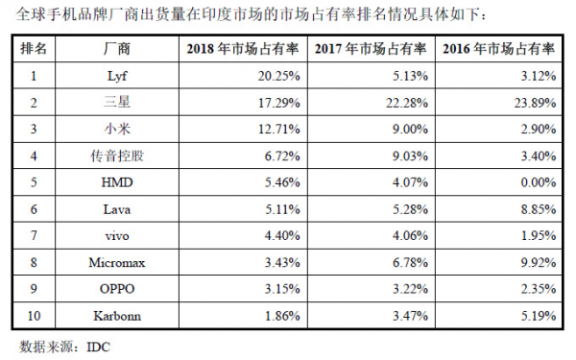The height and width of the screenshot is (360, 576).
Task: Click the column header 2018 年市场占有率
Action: pos(243,49)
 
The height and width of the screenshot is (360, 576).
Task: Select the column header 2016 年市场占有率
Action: pos(498,49)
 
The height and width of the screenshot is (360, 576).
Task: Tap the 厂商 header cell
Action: pos(117,49)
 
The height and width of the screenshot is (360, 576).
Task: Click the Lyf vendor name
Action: pos(117,76)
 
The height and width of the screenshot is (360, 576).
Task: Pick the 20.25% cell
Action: pos(278,76)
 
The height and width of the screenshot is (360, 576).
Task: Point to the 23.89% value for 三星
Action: pos(535,103)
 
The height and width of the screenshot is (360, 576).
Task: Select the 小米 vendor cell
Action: pos(117,129)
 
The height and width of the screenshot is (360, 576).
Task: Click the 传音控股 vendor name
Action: pos(117,156)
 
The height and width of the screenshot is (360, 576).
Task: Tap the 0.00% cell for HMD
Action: pos(539,182)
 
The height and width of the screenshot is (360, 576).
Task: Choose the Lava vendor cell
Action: pos(117,209)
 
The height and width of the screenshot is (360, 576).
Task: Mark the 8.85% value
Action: pos(539,209)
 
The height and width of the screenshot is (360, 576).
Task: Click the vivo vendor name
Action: pos(117,236)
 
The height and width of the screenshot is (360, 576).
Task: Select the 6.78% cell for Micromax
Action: pos(410,263)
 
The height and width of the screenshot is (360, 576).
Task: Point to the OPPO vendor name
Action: pos(117,289)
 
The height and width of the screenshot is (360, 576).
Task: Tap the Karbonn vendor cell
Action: pos(117,316)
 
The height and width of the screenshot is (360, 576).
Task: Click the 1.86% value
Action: pos(282,316)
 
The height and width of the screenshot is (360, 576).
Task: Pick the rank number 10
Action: pos(34,316)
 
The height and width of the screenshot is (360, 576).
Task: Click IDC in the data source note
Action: pos(99,348)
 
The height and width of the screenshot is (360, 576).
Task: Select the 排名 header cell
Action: pos(34,49)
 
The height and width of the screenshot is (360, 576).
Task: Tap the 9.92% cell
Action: pos(539,263)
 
